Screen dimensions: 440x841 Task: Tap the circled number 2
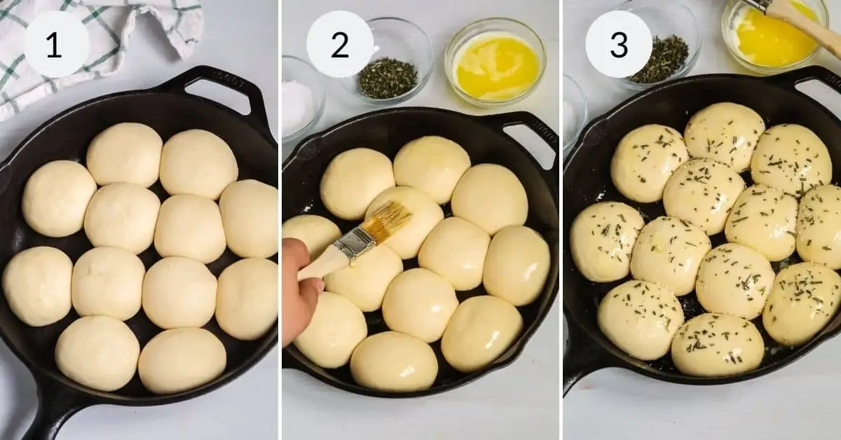(x=340, y=44)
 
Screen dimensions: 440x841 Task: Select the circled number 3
(x=619, y=44)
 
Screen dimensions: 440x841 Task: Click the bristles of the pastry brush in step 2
(x=392, y=221)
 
